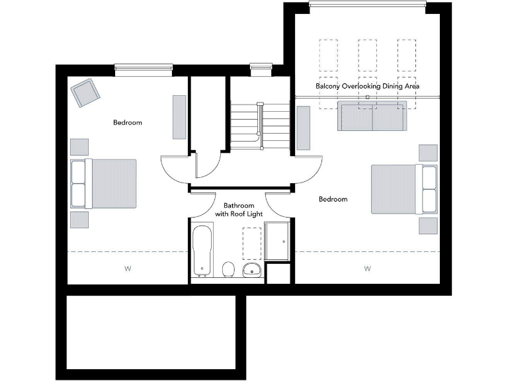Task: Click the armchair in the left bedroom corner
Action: coord(86,93)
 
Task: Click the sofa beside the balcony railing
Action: coord(372,116)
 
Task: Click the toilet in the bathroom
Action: coord(228,269)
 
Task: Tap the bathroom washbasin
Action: coord(252,269)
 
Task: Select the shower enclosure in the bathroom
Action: coord(277,241)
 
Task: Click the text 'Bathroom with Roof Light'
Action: coord(239,210)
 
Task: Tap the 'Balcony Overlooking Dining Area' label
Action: coord(368,87)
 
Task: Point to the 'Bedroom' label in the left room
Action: coord(128,122)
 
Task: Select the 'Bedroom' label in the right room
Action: coord(333,199)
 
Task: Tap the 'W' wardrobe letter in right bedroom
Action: coord(367,269)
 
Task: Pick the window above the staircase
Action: coord(260,66)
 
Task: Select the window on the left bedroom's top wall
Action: coord(144,67)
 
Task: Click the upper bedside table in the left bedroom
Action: coord(79,147)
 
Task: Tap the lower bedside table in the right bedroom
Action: coord(428,225)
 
